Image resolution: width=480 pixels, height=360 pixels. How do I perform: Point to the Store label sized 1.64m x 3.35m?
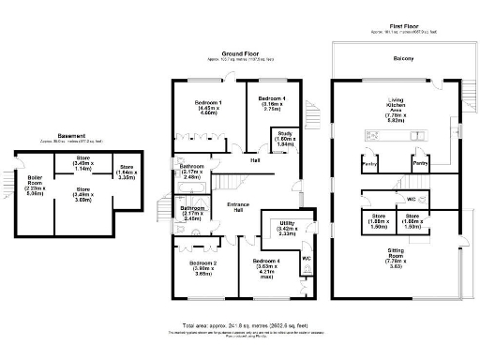tap(125, 171)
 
